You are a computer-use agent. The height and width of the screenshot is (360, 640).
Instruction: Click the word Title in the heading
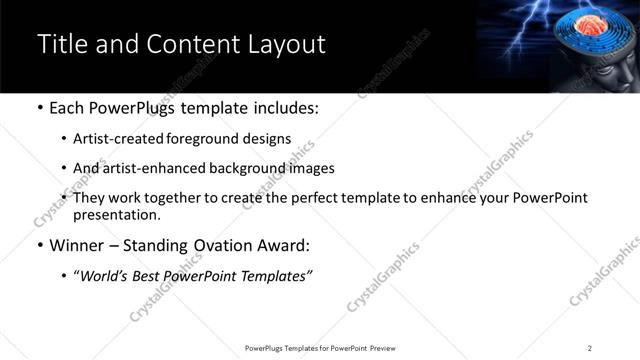(60, 44)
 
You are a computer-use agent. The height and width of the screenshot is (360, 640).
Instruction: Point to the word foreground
(201, 139)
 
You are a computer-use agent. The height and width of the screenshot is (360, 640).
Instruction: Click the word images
(312, 168)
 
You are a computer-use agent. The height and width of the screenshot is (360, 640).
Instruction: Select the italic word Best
(152, 274)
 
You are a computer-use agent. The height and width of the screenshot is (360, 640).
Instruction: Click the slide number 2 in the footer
(589, 348)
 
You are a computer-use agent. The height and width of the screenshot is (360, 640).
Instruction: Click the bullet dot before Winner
(40, 245)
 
